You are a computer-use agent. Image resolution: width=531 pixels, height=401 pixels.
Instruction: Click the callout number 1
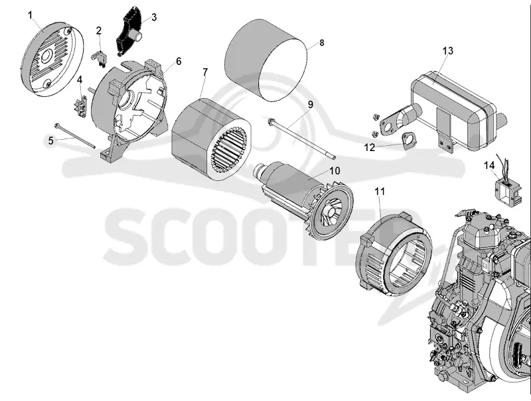[31, 15]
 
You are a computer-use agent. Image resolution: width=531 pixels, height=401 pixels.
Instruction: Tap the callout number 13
[447, 51]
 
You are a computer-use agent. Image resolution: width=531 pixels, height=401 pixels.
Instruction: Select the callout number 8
[321, 42]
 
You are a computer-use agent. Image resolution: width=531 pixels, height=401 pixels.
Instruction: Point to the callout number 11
[380, 192]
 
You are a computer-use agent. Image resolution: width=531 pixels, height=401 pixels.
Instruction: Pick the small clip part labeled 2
[99, 58]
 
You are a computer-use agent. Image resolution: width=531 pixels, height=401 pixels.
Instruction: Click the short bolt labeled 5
[74, 136]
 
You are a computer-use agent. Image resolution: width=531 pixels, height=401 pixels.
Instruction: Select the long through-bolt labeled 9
[301, 139]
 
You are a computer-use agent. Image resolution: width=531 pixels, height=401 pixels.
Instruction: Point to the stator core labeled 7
[212, 139]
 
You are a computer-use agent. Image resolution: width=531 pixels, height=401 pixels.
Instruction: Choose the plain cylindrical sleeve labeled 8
[266, 60]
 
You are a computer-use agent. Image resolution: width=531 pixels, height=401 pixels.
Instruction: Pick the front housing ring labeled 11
[394, 255]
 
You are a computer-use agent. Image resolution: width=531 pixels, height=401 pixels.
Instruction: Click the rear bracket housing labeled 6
[130, 108]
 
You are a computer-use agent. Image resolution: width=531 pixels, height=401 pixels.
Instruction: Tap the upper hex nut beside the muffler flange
[375, 117]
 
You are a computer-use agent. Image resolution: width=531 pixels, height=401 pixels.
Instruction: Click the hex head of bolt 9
[271, 121]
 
